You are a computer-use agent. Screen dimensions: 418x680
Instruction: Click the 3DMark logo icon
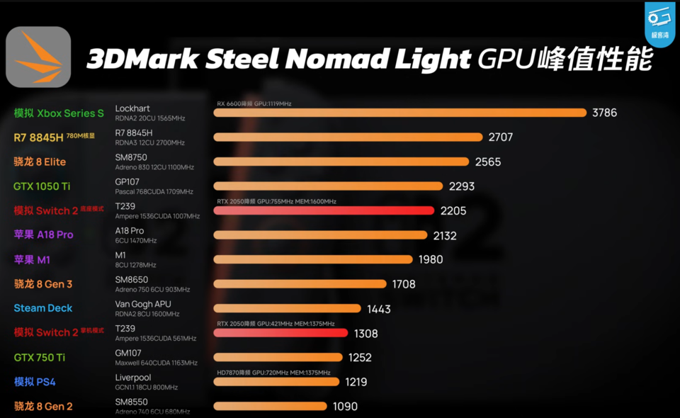(x=38, y=57)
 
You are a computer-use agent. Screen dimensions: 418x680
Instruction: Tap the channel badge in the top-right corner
(x=659, y=23)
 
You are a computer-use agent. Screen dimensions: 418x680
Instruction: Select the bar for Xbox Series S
(x=400, y=113)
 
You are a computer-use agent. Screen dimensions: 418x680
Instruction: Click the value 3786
(x=606, y=113)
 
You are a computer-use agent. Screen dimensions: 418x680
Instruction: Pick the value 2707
(x=500, y=137)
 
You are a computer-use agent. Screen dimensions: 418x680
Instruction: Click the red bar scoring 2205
(x=324, y=210)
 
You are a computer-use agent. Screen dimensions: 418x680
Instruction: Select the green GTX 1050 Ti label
(x=42, y=186)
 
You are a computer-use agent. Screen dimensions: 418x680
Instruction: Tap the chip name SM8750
(x=132, y=157)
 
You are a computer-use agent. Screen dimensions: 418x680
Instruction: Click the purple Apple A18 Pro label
(x=43, y=235)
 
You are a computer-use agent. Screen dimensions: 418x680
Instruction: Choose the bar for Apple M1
(x=312, y=259)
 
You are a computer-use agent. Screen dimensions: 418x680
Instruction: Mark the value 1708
(x=404, y=284)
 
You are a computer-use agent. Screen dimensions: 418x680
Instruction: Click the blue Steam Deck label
(x=43, y=308)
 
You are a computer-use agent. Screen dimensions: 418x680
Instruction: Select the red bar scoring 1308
(x=280, y=333)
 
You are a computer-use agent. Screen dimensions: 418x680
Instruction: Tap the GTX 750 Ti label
(x=40, y=358)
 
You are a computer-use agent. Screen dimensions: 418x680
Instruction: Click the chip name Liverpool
(x=133, y=378)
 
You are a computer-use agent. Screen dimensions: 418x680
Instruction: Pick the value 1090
(x=345, y=407)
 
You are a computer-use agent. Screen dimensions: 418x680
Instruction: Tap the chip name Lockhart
(x=132, y=108)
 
